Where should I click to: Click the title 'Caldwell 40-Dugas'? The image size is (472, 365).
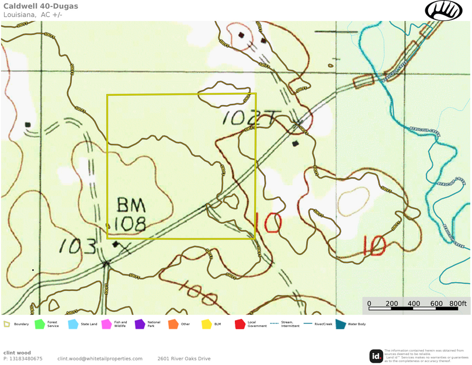(x=40, y=6)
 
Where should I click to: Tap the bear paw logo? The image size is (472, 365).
(x=443, y=10)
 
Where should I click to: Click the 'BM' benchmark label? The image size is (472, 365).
(x=130, y=205)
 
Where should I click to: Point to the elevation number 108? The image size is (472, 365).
(x=130, y=223)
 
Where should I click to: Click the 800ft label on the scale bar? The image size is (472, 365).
(x=458, y=304)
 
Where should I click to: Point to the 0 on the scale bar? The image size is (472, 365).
(x=369, y=304)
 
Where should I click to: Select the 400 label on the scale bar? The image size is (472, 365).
(x=414, y=304)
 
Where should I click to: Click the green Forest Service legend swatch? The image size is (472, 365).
(x=40, y=324)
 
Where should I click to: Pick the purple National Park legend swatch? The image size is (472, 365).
(x=140, y=324)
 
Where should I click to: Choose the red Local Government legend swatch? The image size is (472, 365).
(x=240, y=324)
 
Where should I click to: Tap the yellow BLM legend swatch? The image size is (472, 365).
(x=206, y=324)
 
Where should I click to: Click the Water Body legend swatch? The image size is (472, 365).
(x=341, y=324)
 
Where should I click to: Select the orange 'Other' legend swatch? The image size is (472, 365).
(x=173, y=324)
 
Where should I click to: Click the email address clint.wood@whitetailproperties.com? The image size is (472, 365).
(x=100, y=359)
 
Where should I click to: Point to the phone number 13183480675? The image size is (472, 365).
(x=26, y=359)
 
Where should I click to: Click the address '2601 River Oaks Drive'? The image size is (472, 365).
(x=183, y=359)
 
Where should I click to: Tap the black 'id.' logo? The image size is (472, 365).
(x=376, y=356)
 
